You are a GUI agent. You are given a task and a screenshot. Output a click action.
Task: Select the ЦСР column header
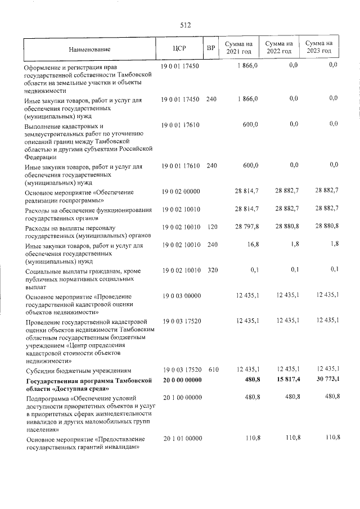coord(181,48)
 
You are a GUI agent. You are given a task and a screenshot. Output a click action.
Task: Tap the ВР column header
coord(211,48)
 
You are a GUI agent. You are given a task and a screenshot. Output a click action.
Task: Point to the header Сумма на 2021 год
coord(239,48)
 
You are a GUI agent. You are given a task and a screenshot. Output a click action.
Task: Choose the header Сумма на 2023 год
coord(319,48)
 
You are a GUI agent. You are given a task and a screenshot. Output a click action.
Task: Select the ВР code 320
coord(211,270)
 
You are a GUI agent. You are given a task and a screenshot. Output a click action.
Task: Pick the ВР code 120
coord(211,228)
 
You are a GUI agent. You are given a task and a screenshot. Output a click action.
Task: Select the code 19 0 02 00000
coord(181,191)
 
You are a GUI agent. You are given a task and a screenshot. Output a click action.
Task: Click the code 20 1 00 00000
coord(181,397)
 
